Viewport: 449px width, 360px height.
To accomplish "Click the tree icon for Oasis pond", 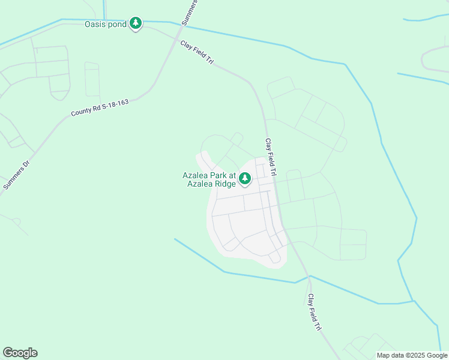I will [x=136, y=23].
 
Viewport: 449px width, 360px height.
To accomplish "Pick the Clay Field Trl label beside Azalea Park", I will [x=271, y=157].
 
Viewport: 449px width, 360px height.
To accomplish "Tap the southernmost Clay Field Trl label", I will [x=315, y=312].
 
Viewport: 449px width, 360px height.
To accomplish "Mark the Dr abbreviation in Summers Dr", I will [x=26, y=164].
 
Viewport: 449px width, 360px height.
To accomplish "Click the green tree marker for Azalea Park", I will [x=245, y=178].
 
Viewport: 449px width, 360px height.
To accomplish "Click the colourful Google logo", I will [x=20, y=353].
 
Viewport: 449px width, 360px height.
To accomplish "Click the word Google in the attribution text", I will [x=437, y=355].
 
